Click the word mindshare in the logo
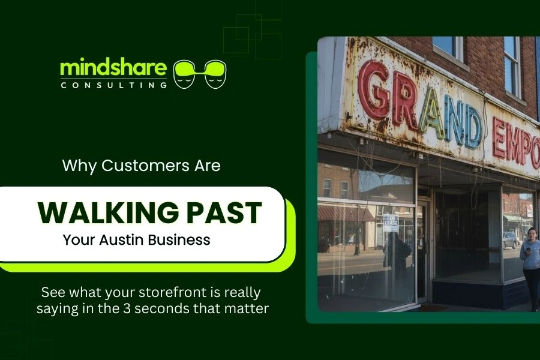coord(113,68)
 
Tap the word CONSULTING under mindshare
coord(113,85)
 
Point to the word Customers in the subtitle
coord(143,166)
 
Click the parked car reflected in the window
coord(511,240)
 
